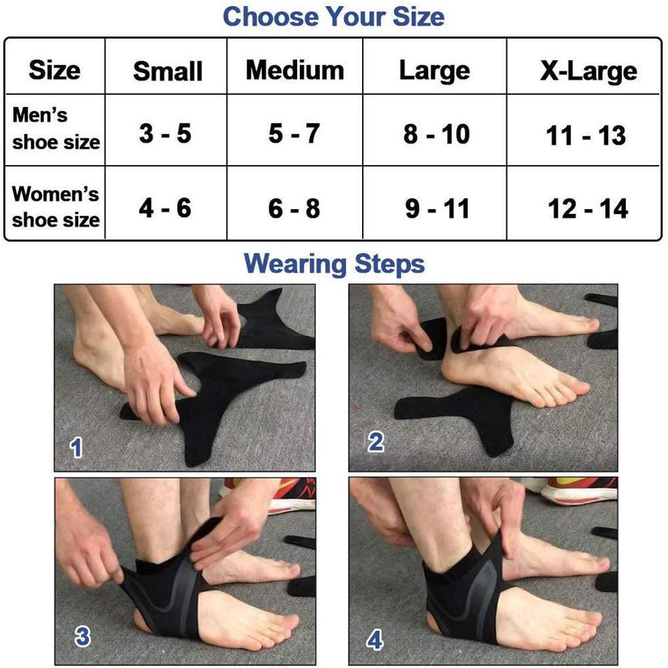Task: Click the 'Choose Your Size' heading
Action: pyautogui.click(x=333, y=17)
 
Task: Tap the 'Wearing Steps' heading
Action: pyautogui.click(x=334, y=264)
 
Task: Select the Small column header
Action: pyautogui.click(x=168, y=71)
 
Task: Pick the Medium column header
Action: pyautogui.click(x=295, y=70)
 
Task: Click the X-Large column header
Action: pyautogui.click(x=589, y=71)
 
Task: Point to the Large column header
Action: pyautogui.click(x=435, y=71)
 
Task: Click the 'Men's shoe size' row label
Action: pyautogui.click(x=56, y=128)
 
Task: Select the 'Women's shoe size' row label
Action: pyautogui.click(x=55, y=206)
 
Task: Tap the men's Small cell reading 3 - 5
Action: pyautogui.click(x=165, y=134)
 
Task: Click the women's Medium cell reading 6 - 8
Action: pyautogui.click(x=294, y=208)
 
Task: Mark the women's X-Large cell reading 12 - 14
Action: pyautogui.click(x=588, y=208)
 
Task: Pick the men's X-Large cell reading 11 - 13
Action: pyautogui.click(x=586, y=136)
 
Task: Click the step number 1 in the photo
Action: pyautogui.click(x=76, y=448)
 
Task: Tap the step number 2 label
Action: pyautogui.click(x=375, y=442)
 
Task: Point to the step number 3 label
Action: pyautogui.click(x=82, y=637)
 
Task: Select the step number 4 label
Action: pyautogui.click(x=375, y=641)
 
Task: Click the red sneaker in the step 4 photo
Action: pyautogui.click(x=571, y=490)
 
